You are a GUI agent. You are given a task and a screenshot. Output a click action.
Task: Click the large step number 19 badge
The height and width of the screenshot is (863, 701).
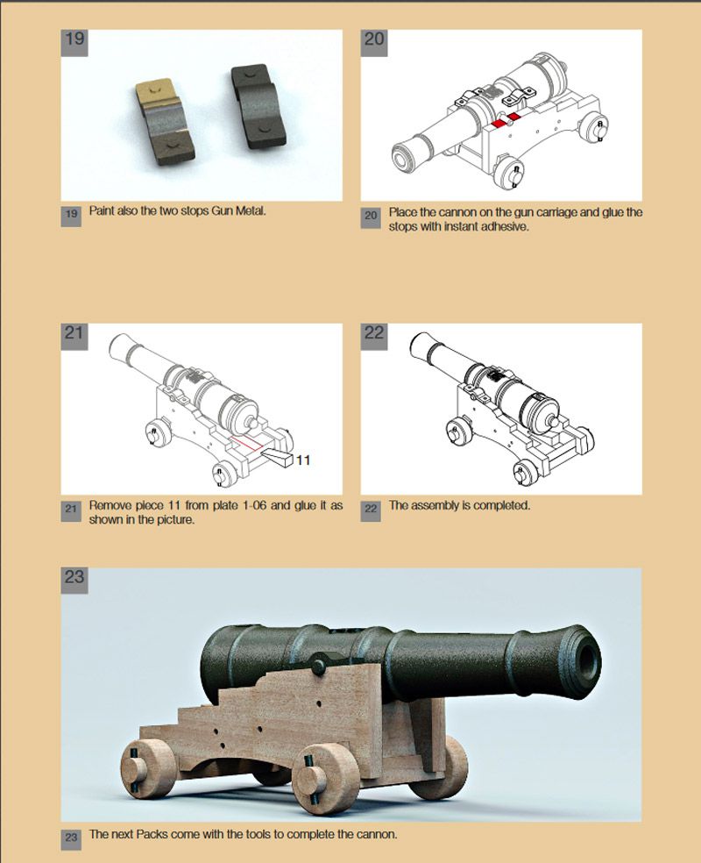coord(74,42)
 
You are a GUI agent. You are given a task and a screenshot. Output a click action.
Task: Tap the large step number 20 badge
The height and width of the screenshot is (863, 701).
coord(374,42)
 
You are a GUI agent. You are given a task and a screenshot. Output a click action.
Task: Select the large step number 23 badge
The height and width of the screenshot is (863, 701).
coord(74,581)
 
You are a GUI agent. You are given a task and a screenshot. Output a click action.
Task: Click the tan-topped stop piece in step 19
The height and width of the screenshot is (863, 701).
coord(165,122)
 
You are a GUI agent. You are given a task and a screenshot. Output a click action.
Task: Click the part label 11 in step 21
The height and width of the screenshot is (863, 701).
coord(303,460)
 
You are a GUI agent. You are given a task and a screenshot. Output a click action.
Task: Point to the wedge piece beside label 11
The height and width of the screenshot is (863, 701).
coord(277,457)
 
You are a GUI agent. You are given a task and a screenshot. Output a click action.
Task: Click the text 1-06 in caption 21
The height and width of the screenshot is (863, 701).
coord(255,505)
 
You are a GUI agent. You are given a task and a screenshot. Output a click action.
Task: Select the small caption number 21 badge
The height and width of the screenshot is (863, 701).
coord(71,509)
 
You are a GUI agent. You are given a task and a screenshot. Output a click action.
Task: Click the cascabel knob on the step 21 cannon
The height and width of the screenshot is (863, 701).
coord(254,424)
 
